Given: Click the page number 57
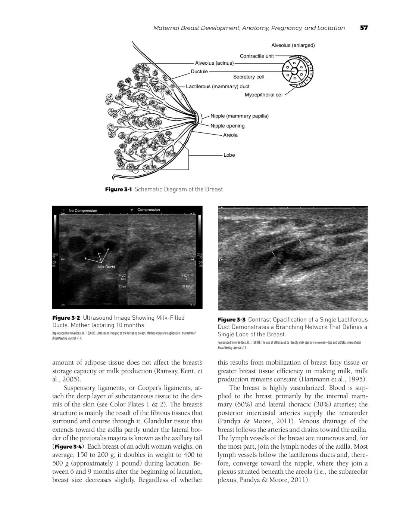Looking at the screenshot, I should point(364,28).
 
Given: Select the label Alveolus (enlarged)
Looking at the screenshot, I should point(293,45).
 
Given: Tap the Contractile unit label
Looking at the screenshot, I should point(257,56).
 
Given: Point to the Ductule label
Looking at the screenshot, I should point(199,71).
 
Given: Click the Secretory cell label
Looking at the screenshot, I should point(249,77).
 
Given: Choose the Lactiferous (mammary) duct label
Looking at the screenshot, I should point(218,86).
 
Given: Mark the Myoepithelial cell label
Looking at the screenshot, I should point(264,95).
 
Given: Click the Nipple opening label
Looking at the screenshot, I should point(228,126).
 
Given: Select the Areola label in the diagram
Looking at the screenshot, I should point(230,135).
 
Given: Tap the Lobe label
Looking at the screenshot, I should point(229,155).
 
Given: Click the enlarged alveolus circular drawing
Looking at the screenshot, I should point(297,71).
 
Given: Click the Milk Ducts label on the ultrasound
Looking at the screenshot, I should point(106,267).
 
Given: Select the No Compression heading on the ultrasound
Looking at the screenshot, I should point(83,211).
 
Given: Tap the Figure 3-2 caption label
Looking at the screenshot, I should point(66,318).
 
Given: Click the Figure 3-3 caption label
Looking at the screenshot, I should point(232,320).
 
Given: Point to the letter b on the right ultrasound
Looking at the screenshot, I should point(271,247).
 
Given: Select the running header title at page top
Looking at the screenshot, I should point(249,28).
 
